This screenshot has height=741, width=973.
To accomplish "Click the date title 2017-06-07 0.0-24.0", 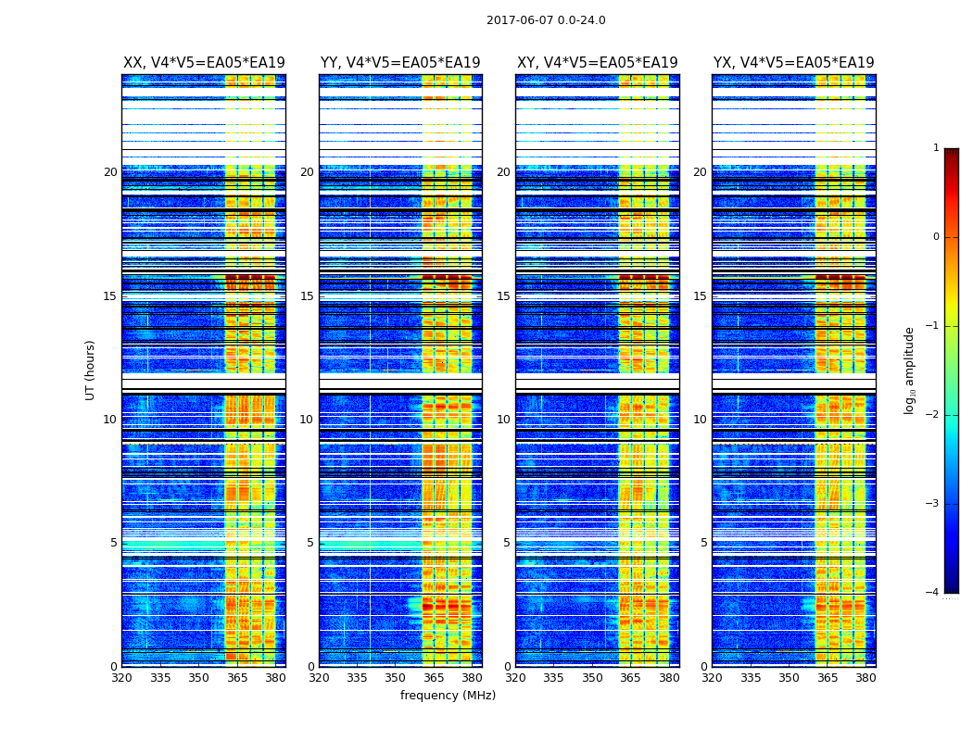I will pyautogui.click(x=546, y=20).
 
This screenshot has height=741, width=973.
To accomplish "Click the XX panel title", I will pyautogui.click(x=204, y=63).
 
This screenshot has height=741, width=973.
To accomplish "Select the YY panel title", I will pyautogui.click(x=400, y=63).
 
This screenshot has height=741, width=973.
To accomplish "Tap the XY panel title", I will pyautogui.click(x=598, y=63).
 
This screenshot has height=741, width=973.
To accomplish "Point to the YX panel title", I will pyautogui.click(x=794, y=63).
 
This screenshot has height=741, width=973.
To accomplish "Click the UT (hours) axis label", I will pyautogui.click(x=91, y=370).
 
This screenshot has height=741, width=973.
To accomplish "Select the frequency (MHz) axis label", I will pyautogui.click(x=448, y=696).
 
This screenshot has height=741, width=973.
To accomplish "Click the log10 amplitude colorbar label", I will pyautogui.click(x=910, y=370).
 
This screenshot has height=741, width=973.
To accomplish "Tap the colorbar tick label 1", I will pyautogui.click(x=936, y=148).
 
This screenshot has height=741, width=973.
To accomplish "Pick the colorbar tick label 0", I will pyautogui.click(x=936, y=237).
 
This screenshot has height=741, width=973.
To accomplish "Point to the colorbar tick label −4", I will pyautogui.click(x=933, y=593).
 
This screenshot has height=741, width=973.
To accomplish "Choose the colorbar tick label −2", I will pyautogui.click(x=933, y=415).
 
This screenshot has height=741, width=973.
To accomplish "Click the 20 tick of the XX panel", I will pyautogui.click(x=110, y=172).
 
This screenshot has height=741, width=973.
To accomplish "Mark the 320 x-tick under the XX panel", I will pyautogui.click(x=121, y=678).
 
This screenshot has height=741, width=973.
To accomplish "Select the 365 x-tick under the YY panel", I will pyautogui.click(x=434, y=678).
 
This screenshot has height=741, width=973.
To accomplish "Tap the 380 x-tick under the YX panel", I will pyautogui.click(x=866, y=678).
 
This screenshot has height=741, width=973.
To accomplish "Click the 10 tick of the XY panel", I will pyautogui.click(x=503, y=420).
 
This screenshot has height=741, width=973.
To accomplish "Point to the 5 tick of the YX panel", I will pyautogui.click(x=703, y=543).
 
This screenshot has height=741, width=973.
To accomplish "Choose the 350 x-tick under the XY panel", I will pyautogui.click(x=592, y=678).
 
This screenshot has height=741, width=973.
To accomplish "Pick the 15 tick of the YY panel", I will pyautogui.click(x=307, y=296).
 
